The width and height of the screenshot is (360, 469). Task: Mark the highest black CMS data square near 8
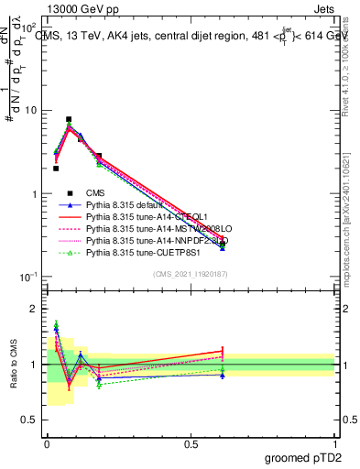(x=69, y=119)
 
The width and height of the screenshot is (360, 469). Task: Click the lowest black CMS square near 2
(x=56, y=169)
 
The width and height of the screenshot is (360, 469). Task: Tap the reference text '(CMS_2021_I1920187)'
(x=191, y=275)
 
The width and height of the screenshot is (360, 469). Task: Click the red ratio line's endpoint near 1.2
(x=223, y=351)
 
